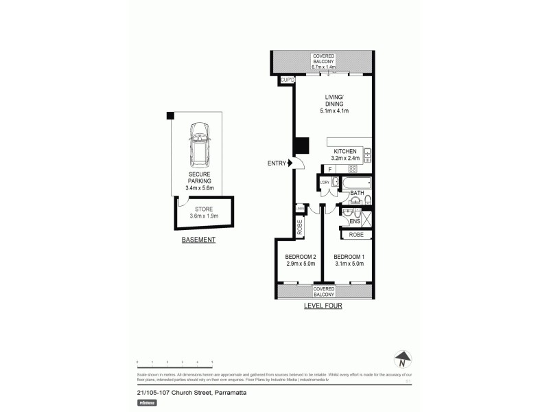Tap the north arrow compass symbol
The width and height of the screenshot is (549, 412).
pos(404,358)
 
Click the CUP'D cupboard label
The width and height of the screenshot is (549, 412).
pos(287,80)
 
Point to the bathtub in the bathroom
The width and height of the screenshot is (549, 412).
pos(355,183)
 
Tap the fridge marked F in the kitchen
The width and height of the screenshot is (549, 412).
pos(330,168)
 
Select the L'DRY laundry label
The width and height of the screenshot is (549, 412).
pos(323,182)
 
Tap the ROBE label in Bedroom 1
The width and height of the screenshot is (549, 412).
pos(356,235)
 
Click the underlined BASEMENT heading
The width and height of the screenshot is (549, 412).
pos(198,240)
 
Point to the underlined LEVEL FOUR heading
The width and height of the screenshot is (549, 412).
pos(323,306)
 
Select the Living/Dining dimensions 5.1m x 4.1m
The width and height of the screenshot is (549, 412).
pos(334,111)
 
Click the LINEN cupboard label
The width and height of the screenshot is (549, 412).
pos(300,209)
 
